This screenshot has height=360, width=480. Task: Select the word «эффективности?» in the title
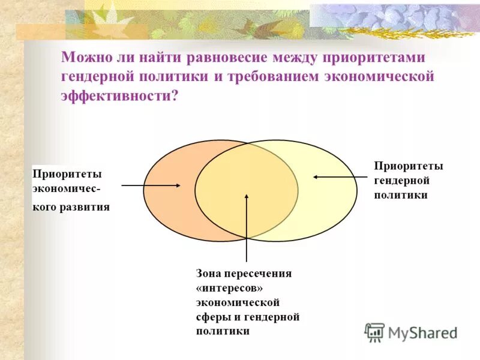(x=120, y=96)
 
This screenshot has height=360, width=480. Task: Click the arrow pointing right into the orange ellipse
(x=151, y=185)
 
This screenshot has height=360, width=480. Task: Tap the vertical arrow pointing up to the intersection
(x=247, y=228)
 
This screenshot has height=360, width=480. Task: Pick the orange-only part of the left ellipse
(x=168, y=204)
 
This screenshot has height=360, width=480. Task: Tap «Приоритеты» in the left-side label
(x=67, y=174)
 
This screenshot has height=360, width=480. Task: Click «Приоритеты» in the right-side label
(x=409, y=166)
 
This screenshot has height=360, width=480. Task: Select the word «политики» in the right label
(x=401, y=196)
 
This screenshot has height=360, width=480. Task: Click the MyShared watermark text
(x=423, y=332)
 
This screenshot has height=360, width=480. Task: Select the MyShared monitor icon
(x=374, y=332)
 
